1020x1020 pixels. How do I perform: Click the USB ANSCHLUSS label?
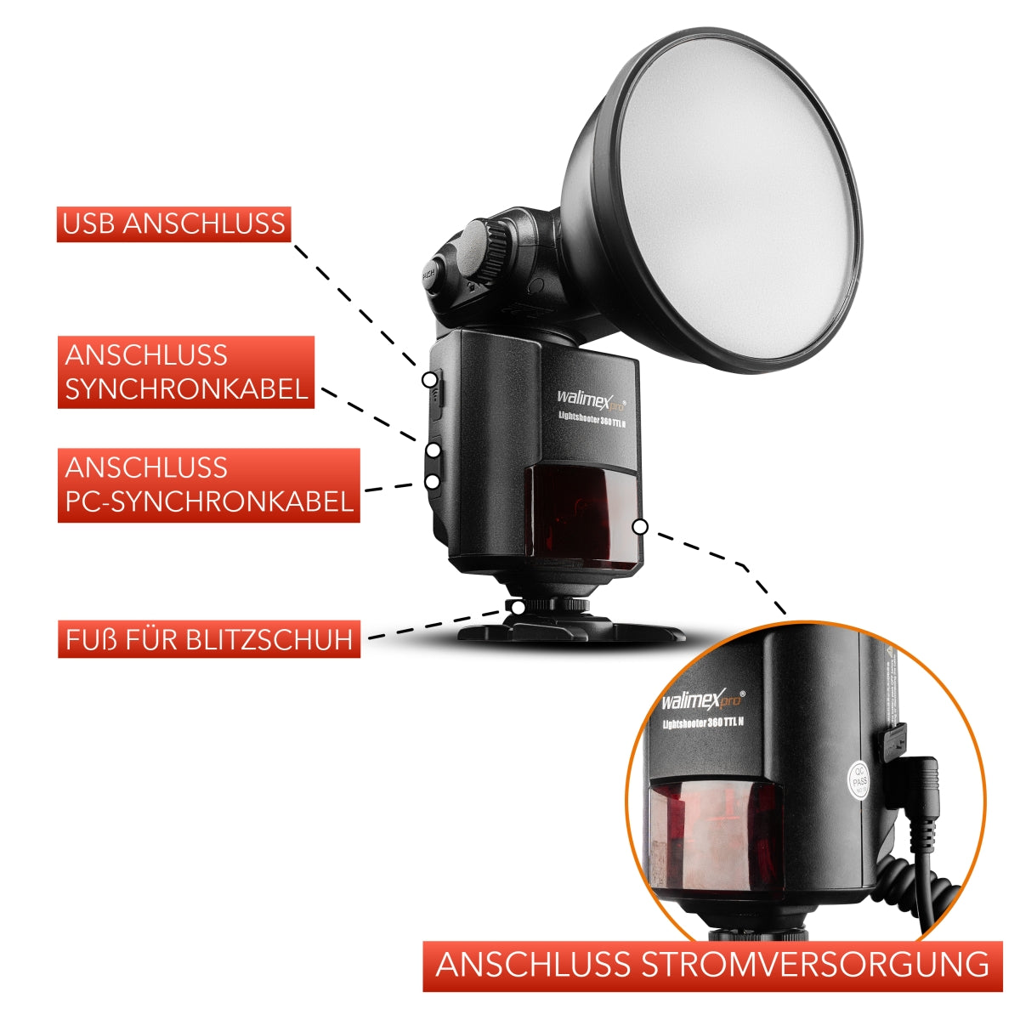(174, 224)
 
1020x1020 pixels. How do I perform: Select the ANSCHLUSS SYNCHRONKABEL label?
(186, 372)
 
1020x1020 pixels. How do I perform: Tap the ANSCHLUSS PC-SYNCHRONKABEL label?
(209, 484)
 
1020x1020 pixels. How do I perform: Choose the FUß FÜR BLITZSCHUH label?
(209, 638)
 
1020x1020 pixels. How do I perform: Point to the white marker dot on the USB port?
(432, 379)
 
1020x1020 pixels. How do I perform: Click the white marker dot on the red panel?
(640, 527)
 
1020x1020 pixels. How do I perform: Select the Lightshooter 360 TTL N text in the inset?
(704, 722)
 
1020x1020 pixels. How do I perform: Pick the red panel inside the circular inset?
(714, 837)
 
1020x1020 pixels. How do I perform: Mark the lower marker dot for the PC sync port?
(432, 481)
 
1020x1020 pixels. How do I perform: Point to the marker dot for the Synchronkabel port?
(433, 449)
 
